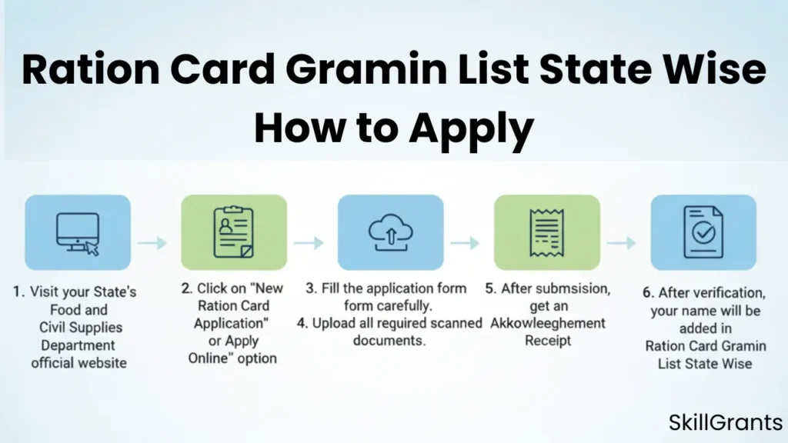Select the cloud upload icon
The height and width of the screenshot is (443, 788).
pyautogui.click(x=390, y=231)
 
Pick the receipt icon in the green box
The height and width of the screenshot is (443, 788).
pyautogui.click(x=546, y=231)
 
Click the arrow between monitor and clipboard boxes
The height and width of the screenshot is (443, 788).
pyautogui.click(x=153, y=243)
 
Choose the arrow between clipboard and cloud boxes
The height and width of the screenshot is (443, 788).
pyautogui.click(x=309, y=243)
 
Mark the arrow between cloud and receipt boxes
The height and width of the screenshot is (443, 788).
pyautogui.click(x=466, y=243)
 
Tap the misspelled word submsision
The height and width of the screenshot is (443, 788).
pyautogui.click(x=567, y=289)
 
